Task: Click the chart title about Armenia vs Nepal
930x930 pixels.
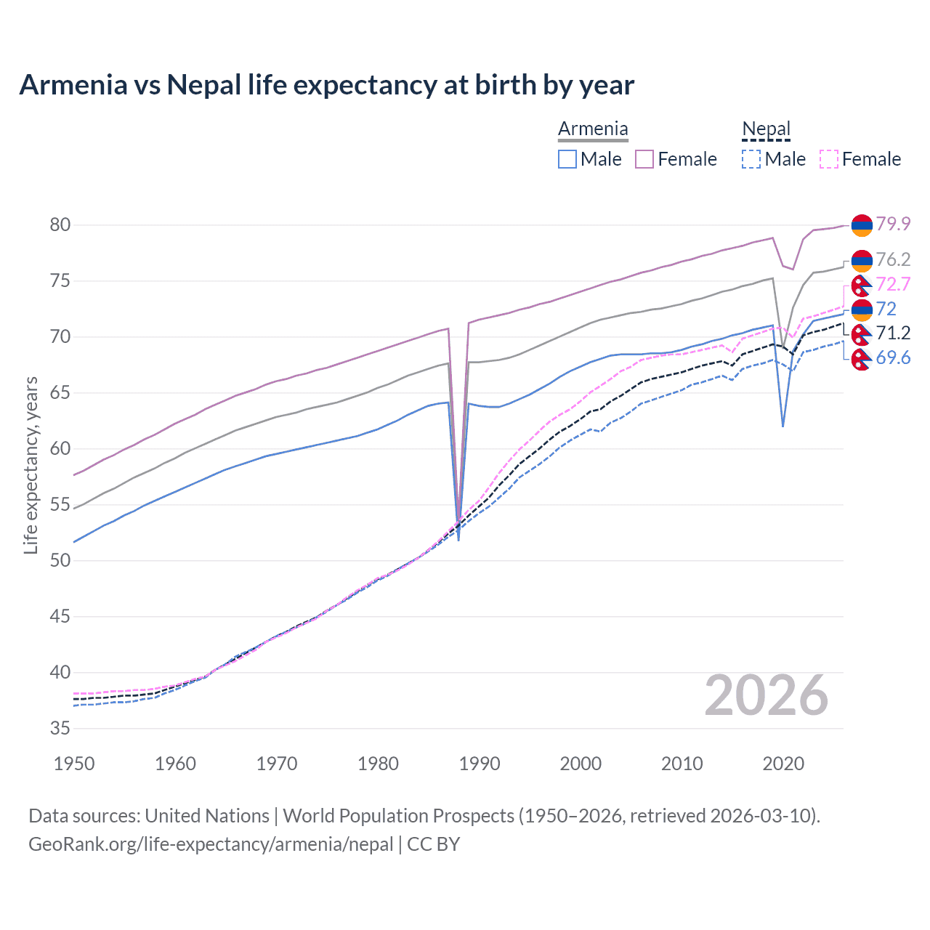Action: coord(326,85)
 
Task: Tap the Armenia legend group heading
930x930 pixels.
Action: coord(593,129)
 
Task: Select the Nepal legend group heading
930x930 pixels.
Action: coord(766,129)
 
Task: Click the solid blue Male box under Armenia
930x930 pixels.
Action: coord(567,159)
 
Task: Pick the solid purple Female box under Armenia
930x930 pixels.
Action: coord(644,159)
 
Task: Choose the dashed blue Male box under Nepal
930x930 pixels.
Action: coord(751,159)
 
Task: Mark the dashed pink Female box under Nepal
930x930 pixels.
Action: coord(828,159)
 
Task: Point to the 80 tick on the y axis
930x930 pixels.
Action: coord(60,225)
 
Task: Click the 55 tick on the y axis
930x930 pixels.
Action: coord(60,504)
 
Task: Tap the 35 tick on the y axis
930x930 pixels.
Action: coord(60,728)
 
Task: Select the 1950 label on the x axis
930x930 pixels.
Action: coord(74,764)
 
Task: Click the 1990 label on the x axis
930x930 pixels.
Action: coord(480,764)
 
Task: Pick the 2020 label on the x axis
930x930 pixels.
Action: coord(783,764)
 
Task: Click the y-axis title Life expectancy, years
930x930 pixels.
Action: coord(31,465)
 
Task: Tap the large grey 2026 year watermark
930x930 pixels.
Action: coord(766,696)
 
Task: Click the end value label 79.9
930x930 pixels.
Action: coord(893,224)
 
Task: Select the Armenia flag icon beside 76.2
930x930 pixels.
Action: coord(862,260)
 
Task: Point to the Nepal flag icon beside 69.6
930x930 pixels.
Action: coord(862,358)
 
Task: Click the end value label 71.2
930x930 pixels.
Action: coord(893,333)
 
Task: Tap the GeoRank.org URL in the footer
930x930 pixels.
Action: coord(211,844)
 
